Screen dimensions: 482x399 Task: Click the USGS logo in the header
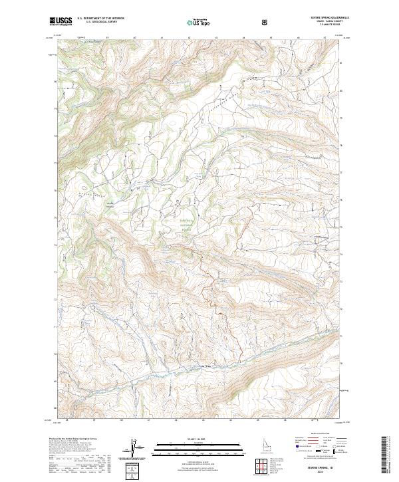coord(61,22)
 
